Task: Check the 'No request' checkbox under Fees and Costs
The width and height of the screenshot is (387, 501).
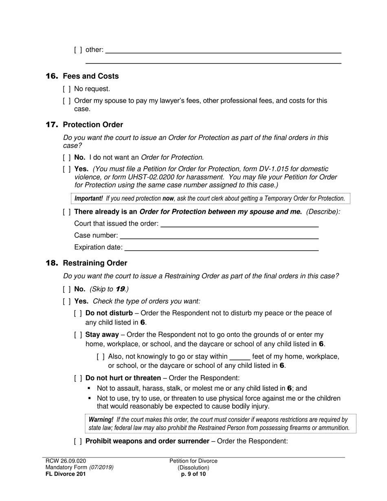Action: tap(67, 89)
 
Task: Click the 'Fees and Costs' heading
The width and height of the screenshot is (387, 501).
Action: tap(90, 76)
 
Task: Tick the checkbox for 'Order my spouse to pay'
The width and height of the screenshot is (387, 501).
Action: tap(67, 101)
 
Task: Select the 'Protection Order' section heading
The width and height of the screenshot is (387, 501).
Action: tap(92, 125)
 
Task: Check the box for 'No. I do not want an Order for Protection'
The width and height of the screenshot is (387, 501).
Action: tap(67, 157)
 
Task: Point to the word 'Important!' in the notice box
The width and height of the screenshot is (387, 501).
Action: tap(88, 199)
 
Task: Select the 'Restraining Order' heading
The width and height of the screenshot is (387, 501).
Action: tap(95, 263)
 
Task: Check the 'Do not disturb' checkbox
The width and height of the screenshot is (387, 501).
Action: tap(78, 313)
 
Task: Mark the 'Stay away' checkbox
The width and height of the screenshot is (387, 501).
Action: tap(78, 335)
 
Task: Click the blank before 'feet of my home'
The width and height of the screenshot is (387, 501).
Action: tap(240, 357)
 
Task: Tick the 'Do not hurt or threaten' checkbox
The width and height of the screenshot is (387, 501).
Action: tap(78, 378)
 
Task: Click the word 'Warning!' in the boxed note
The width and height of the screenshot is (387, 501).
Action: tap(101, 420)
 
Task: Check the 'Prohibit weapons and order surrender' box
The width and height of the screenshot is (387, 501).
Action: tap(78, 441)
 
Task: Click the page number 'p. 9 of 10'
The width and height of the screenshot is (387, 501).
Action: tap(193, 474)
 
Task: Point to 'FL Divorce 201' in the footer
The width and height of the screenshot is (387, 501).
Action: tap(66, 474)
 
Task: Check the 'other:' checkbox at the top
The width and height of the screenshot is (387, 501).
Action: tap(78, 50)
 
